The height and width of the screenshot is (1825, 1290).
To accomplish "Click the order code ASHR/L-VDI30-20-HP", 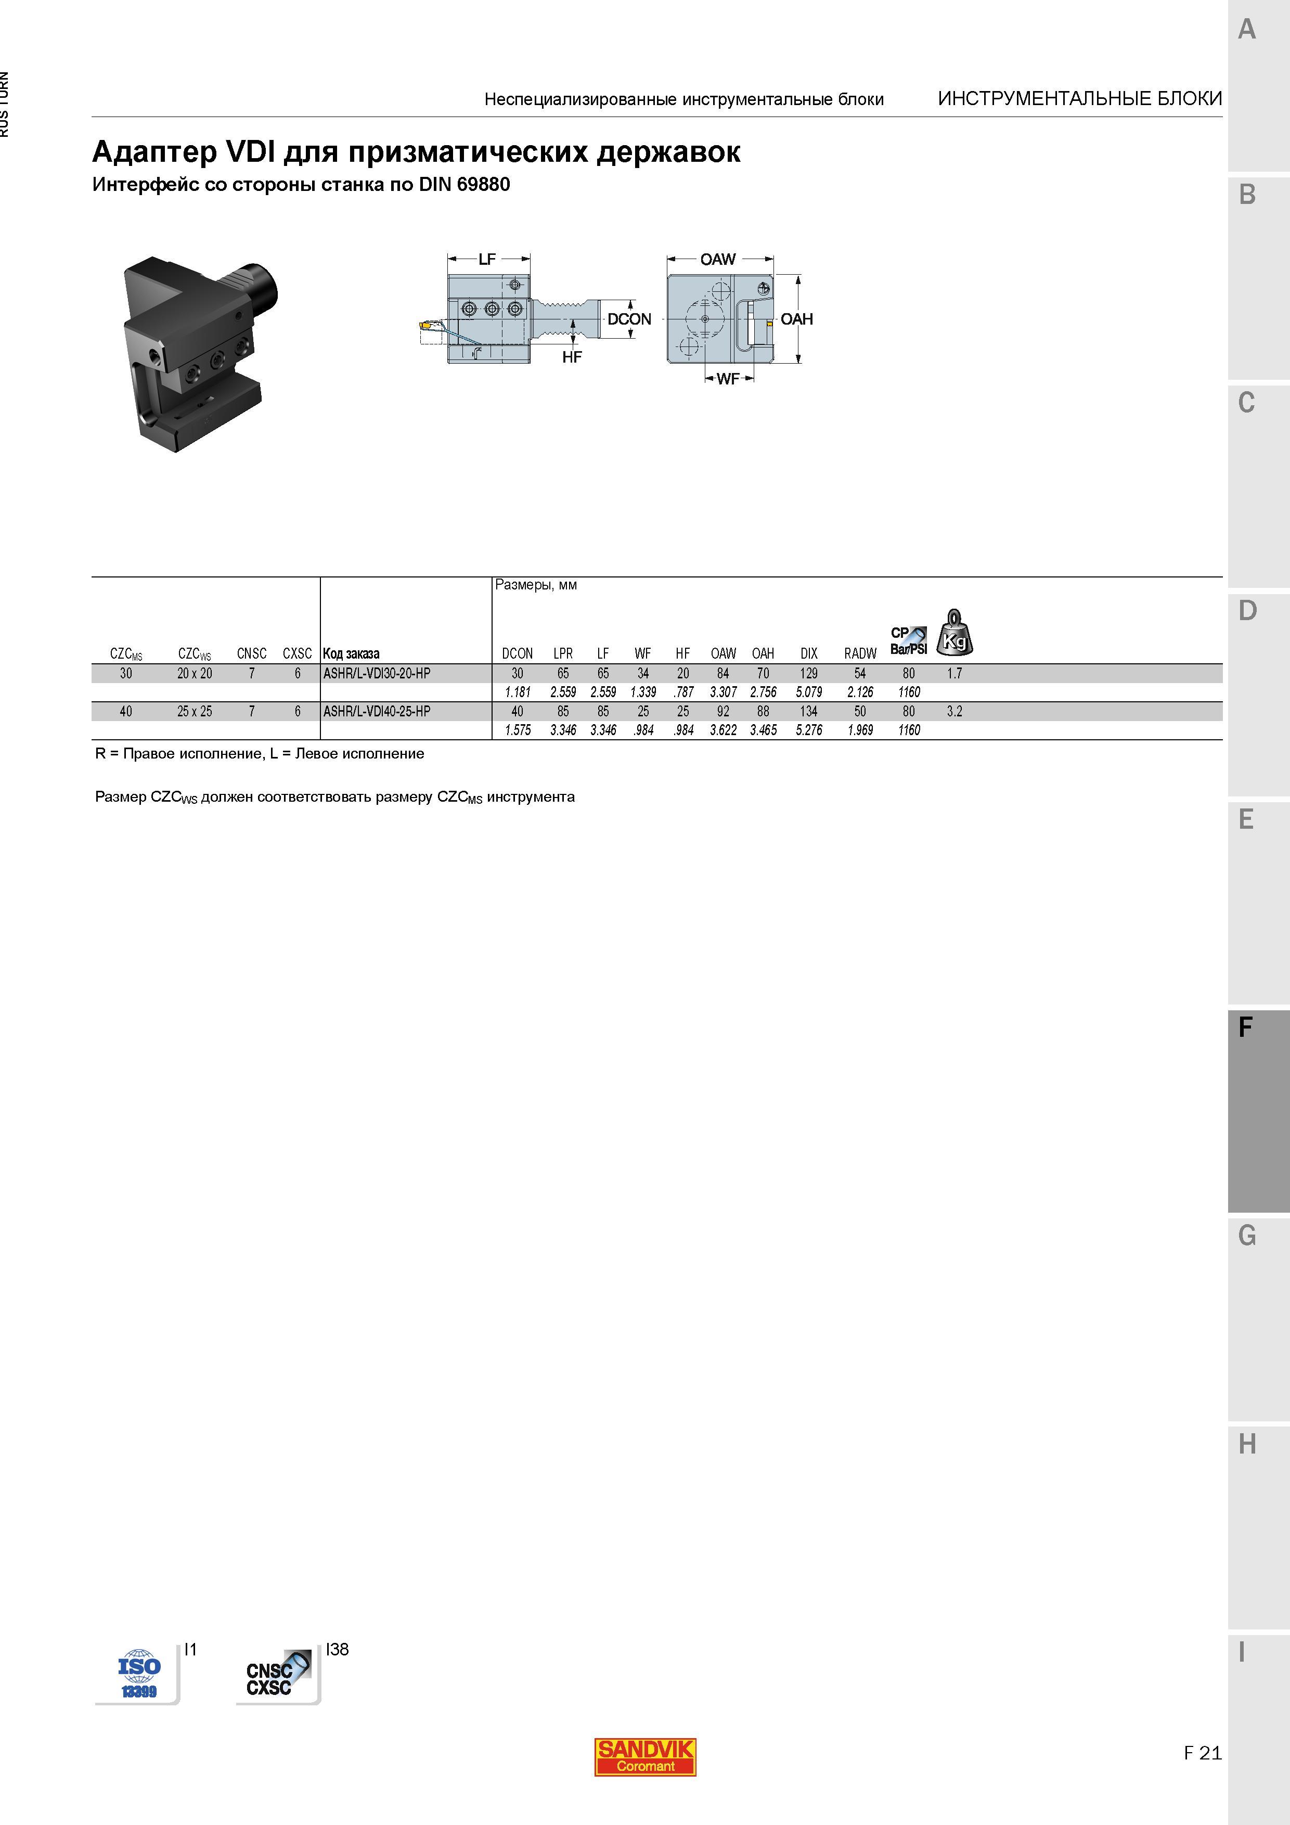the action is point(377,673).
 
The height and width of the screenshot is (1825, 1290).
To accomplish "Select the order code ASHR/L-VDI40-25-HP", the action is point(377,711).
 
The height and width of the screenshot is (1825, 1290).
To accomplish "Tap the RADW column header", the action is point(860,653).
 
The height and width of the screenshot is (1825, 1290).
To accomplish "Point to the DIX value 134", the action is point(809,711).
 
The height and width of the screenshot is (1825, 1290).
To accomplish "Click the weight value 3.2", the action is point(954,711).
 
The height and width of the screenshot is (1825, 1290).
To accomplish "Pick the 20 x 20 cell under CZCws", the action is point(195,673).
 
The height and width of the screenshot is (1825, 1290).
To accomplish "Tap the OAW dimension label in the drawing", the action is point(718,259).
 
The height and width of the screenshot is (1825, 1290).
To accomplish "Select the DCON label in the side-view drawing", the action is point(629,319).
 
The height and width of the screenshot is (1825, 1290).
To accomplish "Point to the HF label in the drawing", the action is point(572,357).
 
